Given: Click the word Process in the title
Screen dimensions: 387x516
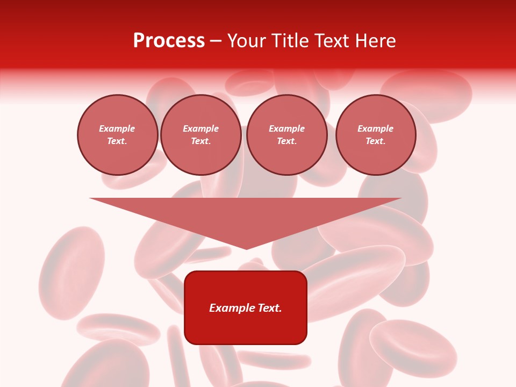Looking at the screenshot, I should point(169,41).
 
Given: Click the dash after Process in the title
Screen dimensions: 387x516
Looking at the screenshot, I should point(216,41).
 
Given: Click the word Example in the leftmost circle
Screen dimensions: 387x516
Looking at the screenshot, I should point(117,128).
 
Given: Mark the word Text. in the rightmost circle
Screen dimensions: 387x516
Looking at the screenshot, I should point(375,141).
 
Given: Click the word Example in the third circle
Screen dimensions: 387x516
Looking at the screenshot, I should point(286,128).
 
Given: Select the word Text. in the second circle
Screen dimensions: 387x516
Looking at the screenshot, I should point(200,141).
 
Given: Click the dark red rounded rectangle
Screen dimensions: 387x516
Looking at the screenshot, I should point(246,328).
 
